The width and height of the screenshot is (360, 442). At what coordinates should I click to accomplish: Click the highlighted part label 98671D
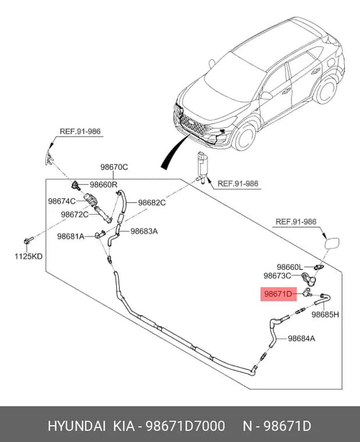pyautogui.click(x=278, y=294)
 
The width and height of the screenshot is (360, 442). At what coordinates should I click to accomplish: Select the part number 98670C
pyautogui.click(x=114, y=167)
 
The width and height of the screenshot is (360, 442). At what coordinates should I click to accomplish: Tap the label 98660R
pyautogui.click(x=104, y=184)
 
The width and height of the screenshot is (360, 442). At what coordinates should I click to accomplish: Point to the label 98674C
pyautogui.click(x=62, y=201)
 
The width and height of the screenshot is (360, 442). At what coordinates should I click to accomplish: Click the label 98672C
pyautogui.click(x=74, y=215)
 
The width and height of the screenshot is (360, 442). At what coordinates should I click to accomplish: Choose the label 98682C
pyautogui.click(x=152, y=202)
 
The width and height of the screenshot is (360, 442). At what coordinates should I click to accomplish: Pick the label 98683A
pyautogui.click(x=144, y=231)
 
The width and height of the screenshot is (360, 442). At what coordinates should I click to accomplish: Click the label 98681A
pyautogui.click(x=71, y=236)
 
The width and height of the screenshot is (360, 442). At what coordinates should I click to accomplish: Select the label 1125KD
pyautogui.click(x=28, y=256)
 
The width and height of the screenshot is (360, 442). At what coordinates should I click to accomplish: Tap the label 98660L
pyautogui.click(x=290, y=267)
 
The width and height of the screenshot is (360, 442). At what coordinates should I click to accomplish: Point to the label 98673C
pyautogui.click(x=277, y=276)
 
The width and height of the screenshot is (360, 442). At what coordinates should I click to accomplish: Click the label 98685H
pyautogui.click(x=325, y=314)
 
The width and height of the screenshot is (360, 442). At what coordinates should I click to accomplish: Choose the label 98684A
pyautogui.click(x=301, y=338)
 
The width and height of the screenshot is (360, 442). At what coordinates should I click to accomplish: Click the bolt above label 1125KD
pyautogui.click(x=28, y=241)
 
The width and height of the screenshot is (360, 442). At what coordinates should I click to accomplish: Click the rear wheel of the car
pyautogui.click(x=326, y=90)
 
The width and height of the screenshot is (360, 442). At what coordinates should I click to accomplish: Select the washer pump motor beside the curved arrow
pyautogui.click(x=203, y=167)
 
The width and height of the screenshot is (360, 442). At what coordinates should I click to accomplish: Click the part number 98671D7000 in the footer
pyautogui.click(x=185, y=425)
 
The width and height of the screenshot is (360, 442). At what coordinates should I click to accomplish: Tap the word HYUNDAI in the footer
pyautogui.click(x=77, y=425)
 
